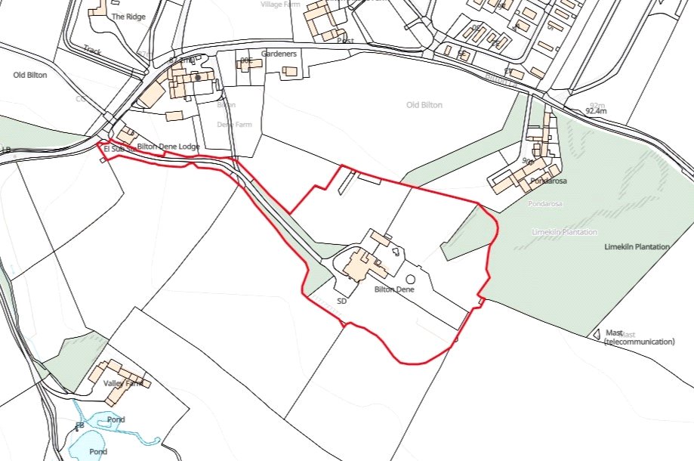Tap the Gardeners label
pyautogui.click(x=280, y=54)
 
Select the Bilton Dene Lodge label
pyautogui.click(x=168, y=146)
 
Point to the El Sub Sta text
pyautogui.click(x=119, y=150)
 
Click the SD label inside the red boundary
pyautogui.click(x=341, y=301)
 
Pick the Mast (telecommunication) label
pyautogui.click(x=639, y=337)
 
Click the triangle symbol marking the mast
pyautogui.click(x=597, y=333)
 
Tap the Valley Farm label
pyautogui.click(x=122, y=384)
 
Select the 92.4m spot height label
pyautogui.click(x=596, y=111)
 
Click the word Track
pyautogui.click(x=93, y=51)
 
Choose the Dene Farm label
pyautogui.click(x=234, y=124)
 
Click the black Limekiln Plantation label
pyautogui.click(x=637, y=247)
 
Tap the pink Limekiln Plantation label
pyautogui.click(x=564, y=232)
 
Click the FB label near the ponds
pyautogui.click(x=79, y=426)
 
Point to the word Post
pyautogui.click(x=346, y=40)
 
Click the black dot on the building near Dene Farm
pyautogui.click(x=198, y=77)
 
